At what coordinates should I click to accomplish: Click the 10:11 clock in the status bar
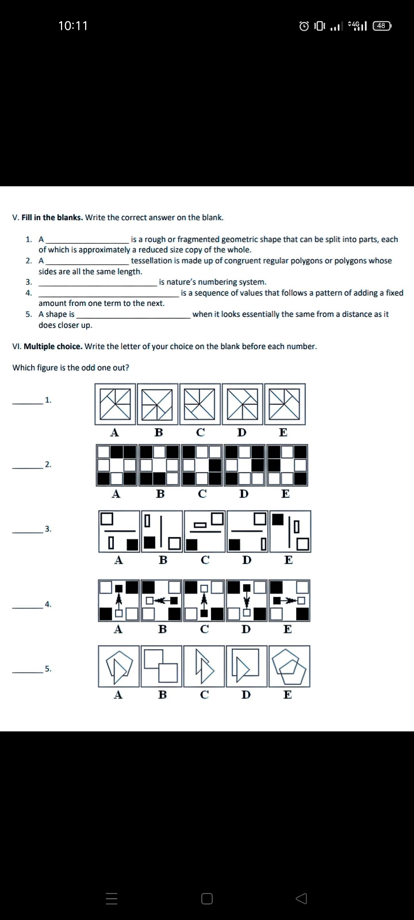pos(73,26)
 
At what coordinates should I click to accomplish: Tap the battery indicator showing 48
pos(382,26)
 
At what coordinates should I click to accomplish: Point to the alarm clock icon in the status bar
pos(304,26)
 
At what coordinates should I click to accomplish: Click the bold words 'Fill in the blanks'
pos(52,217)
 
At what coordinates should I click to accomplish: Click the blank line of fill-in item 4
pos(109,293)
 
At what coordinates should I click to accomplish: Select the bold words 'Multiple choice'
pos(53,346)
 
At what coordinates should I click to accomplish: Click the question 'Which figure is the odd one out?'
pos(71,367)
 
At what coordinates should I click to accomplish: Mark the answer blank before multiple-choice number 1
pos(27,400)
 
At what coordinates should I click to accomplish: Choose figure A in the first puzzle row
pos(115,404)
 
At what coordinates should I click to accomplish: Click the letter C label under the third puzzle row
pos(205,559)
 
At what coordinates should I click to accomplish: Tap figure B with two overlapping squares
pos(162,666)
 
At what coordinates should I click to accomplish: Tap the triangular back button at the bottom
pos(301,898)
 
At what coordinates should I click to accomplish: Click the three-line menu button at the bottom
pos(112,899)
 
